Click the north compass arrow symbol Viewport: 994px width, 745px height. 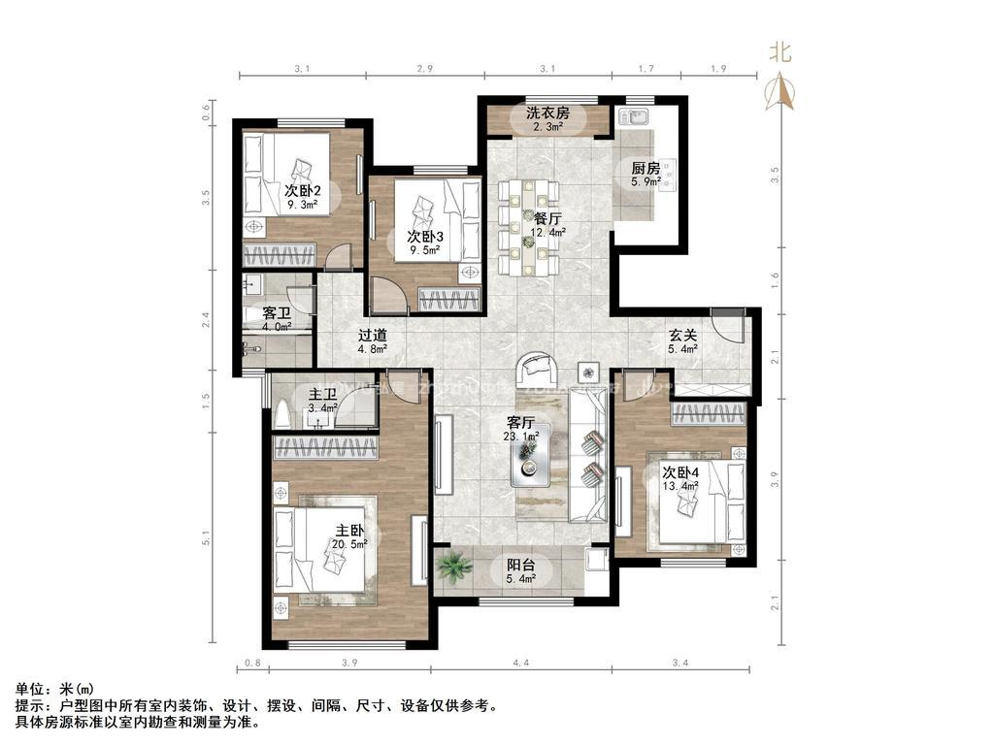click(781, 89)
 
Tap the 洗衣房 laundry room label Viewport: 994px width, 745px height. click(548, 113)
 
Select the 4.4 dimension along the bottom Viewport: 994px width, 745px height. click(520, 664)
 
